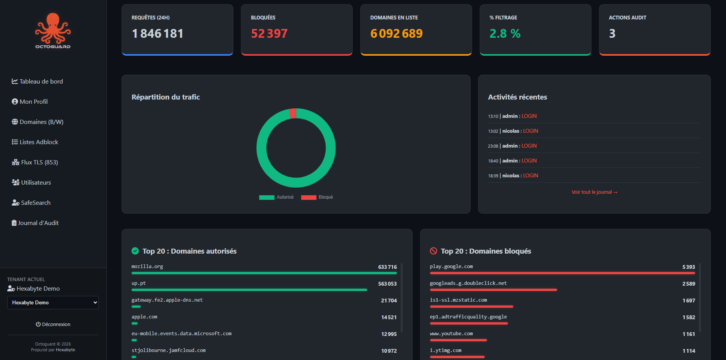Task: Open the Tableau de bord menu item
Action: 37,81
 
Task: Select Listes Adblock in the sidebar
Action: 35,142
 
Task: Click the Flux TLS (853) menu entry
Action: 35,162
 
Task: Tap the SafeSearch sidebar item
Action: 31,202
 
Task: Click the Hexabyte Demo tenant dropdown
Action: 53,302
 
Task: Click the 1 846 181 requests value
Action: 157,34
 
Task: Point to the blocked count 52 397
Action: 269,34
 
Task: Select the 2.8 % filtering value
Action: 505,34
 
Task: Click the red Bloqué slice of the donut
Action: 293,113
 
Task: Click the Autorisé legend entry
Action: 276,197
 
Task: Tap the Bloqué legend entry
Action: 317,197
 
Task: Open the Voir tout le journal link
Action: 594,192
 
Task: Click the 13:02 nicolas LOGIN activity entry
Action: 513,131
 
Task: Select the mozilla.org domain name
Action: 147,267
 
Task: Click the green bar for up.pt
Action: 249,290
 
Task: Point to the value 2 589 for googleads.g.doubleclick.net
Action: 688,284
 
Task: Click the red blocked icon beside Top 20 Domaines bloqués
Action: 434,251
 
